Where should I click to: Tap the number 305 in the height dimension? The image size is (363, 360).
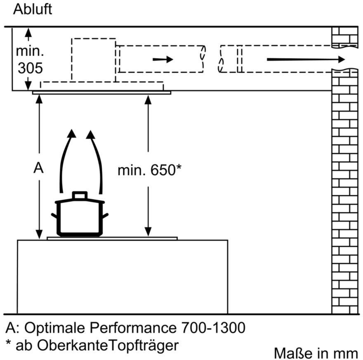[31, 68]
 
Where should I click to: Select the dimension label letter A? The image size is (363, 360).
[38, 168]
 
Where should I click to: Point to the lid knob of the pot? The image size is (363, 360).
[80, 195]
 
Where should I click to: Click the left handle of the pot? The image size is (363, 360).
[54, 216]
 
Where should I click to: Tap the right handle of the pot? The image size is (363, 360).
[105, 216]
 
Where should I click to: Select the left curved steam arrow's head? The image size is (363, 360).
[72, 134]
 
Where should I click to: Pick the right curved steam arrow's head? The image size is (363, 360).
[90, 135]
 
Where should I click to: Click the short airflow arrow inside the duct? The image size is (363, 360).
[163, 59]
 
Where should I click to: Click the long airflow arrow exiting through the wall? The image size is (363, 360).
[306, 59]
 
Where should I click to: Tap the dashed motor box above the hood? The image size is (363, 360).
[94, 60]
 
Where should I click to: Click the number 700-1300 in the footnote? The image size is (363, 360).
[213, 328]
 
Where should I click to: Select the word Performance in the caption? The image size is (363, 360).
[133, 328]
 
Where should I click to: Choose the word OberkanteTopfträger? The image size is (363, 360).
[108, 346]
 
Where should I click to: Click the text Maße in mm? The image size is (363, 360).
[316, 353]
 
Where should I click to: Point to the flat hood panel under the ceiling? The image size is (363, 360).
[101, 92]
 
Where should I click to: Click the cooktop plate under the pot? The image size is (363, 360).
[112, 239]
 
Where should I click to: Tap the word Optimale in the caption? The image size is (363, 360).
[54, 328]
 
